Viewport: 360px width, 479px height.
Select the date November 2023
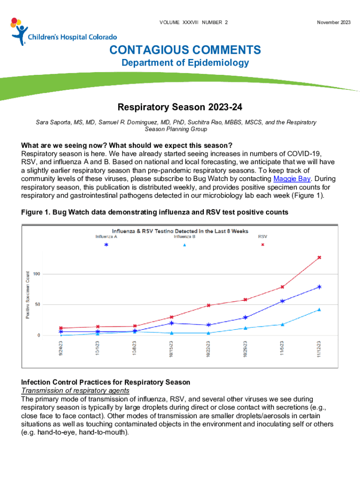(333, 22)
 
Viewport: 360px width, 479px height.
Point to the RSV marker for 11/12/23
(319, 258)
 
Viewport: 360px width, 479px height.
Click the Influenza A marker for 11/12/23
(319, 287)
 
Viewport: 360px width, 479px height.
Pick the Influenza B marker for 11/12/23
(319, 309)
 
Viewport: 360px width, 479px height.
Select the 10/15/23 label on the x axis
(172, 348)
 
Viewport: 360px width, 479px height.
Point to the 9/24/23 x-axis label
(61, 348)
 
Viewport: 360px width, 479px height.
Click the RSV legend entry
(263, 237)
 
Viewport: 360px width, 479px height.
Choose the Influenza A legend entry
(106, 237)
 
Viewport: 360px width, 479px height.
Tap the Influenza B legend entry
(185, 237)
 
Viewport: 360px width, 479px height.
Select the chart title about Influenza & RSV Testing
(180, 231)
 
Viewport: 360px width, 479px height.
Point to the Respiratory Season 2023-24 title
(180, 108)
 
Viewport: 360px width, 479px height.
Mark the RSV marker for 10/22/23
(209, 305)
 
